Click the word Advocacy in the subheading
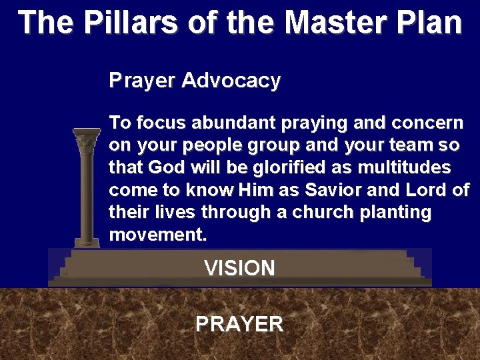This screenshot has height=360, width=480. pyautogui.click(x=231, y=81)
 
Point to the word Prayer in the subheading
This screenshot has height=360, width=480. pyautogui.click(x=142, y=81)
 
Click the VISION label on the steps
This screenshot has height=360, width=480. pyautogui.click(x=239, y=269)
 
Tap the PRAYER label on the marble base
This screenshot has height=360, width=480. pyautogui.click(x=239, y=325)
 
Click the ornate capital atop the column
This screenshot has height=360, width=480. pyautogui.click(x=87, y=143)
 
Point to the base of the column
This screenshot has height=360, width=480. pyautogui.click(x=87, y=241)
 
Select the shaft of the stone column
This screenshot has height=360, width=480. pyautogui.click(x=87, y=193)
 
